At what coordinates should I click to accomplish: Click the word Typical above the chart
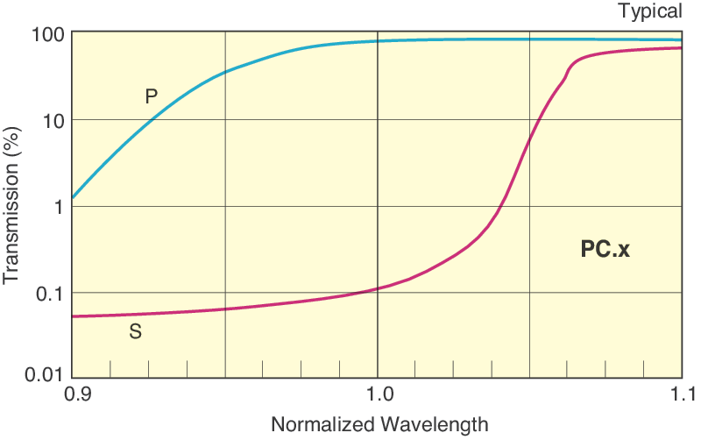coord(649,11)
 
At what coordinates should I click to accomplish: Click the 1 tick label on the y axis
coord(59,206)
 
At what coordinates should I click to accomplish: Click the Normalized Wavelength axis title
coord(379,425)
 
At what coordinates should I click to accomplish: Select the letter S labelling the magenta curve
coord(136,333)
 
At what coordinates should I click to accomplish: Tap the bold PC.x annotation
coord(605,249)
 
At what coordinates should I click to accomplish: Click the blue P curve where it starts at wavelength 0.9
coord(73,197)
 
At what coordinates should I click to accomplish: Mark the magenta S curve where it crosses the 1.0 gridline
coord(377,288)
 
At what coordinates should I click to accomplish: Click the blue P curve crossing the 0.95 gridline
coord(225,71)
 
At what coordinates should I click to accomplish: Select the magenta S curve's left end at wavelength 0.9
coord(73,316)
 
